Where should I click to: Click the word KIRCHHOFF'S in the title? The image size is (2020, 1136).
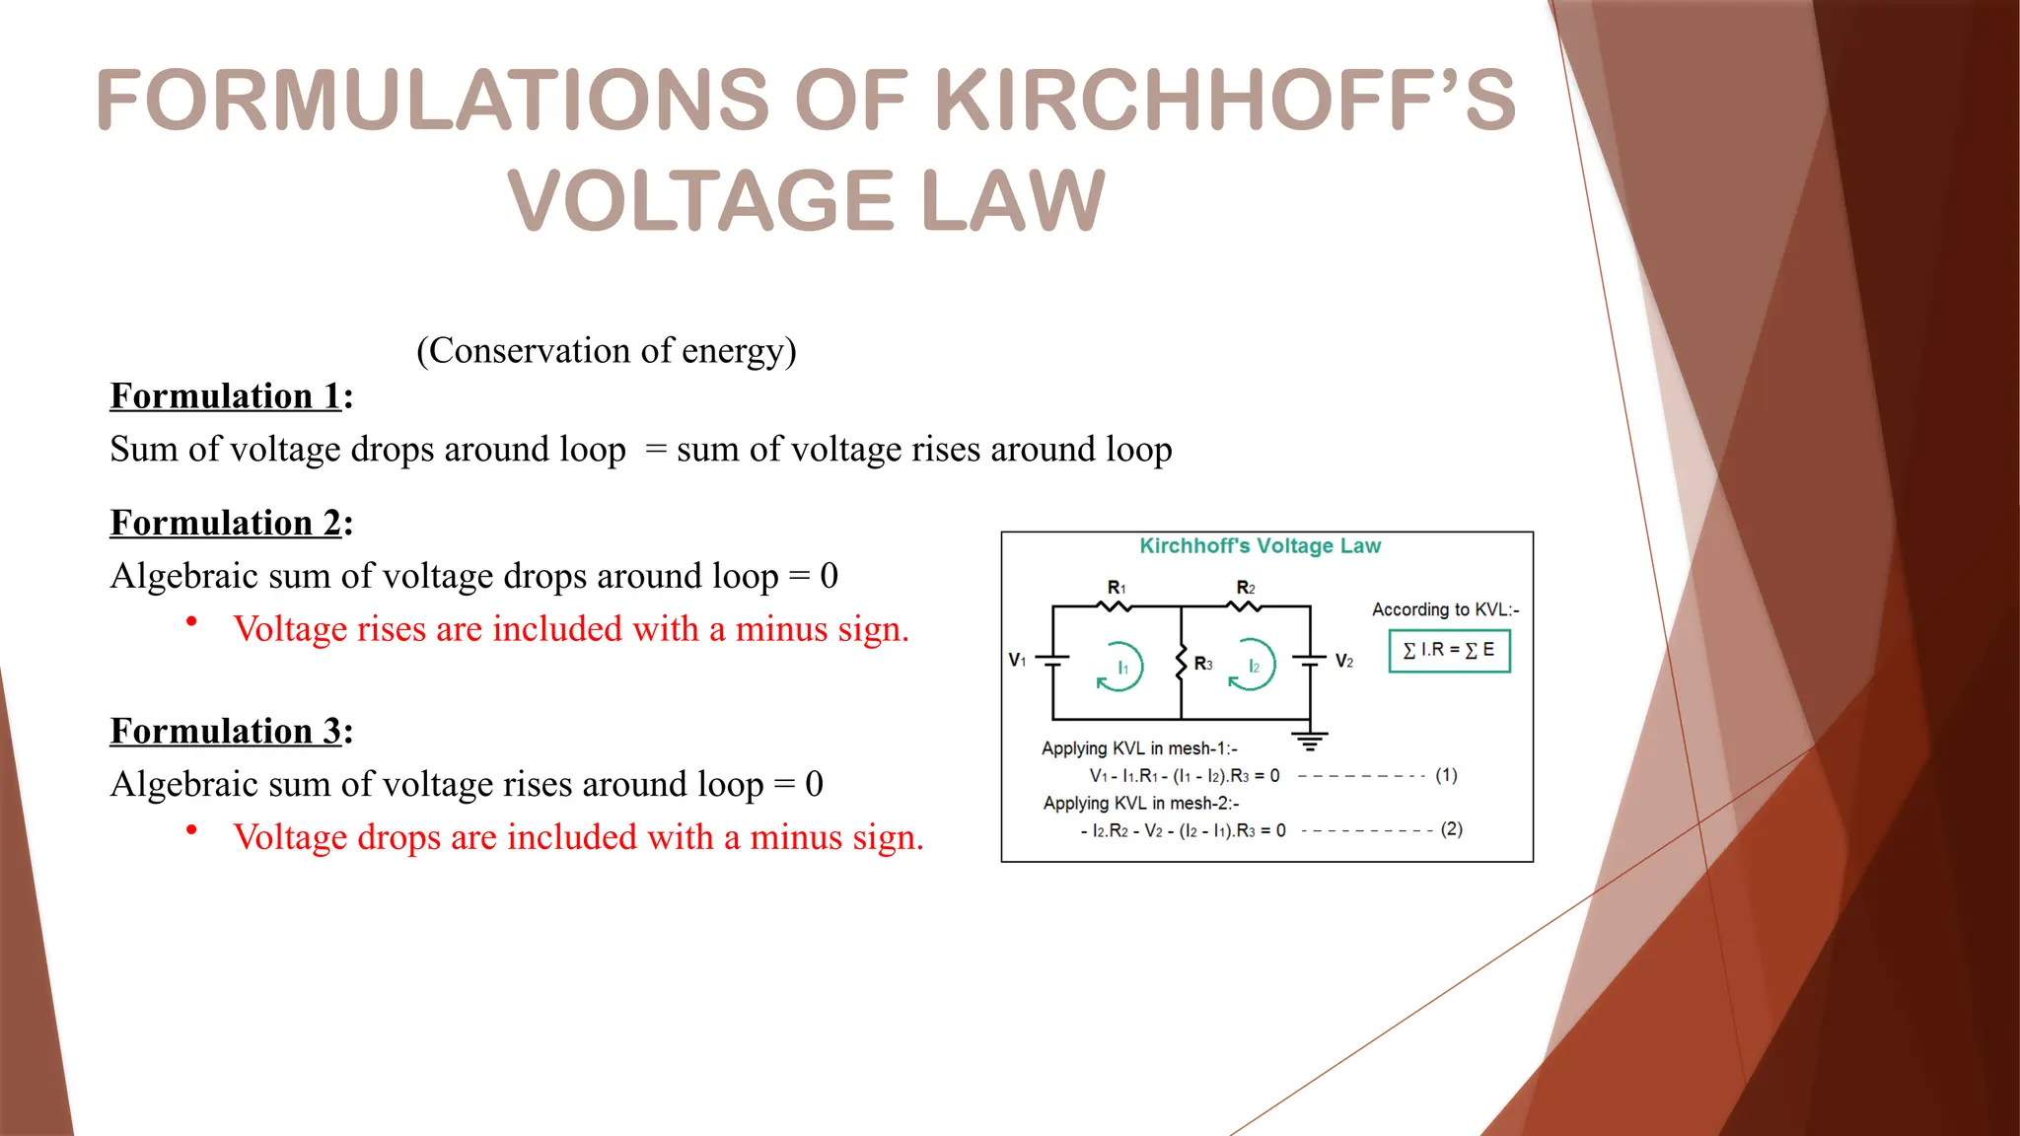[1224, 100]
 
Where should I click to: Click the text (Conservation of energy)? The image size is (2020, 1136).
[606, 350]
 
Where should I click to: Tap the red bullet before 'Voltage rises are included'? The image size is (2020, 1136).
[191, 621]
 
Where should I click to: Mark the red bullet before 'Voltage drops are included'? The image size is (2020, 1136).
[191, 829]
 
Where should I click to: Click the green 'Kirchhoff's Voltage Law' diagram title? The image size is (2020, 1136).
[1260, 546]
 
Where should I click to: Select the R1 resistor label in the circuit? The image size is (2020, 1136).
[1117, 588]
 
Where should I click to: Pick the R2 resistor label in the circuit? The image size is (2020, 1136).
[1246, 588]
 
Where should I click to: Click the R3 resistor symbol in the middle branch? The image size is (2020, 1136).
[1182, 663]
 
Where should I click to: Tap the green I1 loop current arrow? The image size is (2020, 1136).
[1120, 667]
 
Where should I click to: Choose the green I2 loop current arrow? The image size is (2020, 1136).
[1252, 667]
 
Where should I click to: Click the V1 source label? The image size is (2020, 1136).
[1017, 660]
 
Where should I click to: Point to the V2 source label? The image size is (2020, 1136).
[1344, 661]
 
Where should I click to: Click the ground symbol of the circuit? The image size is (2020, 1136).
[1310, 741]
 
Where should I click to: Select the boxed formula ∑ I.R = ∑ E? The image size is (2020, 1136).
[1449, 651]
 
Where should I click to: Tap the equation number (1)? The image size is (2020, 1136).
[1446, 775]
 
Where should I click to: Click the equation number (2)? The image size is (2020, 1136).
[1451, 829]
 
